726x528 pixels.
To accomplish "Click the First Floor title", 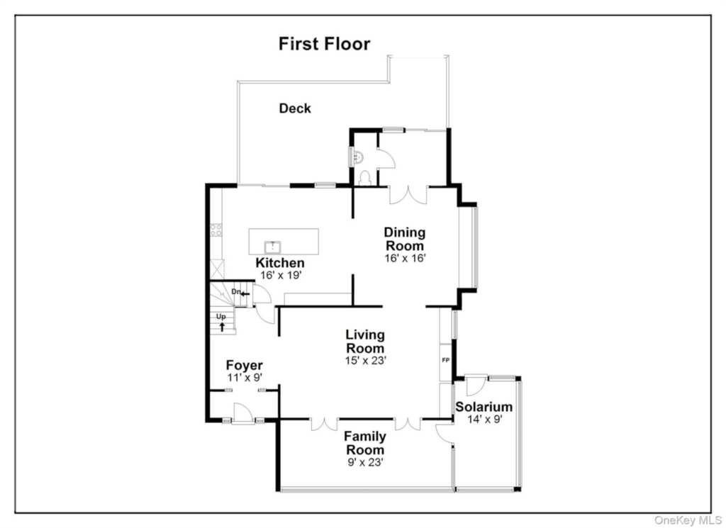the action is coord(324,43).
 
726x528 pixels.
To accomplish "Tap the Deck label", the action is coord(295,108).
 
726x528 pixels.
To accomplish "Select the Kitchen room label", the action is coord(280,263).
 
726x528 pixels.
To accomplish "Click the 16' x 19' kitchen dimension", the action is coord(281,275).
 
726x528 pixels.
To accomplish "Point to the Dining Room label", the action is coord(405,239).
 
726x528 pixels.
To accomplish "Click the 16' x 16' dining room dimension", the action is coord(405,258).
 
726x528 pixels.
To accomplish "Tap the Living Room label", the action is coord(365,341).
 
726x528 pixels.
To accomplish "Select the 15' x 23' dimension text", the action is coord(365,361).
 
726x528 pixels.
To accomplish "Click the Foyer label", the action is coord(245,366).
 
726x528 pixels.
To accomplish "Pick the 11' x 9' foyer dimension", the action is coord(245,378).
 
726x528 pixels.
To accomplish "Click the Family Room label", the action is coord(365,443).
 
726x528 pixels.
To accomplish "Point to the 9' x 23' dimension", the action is coord(365,462).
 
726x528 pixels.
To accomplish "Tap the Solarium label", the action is coord(484,407).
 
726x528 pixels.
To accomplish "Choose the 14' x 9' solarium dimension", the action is coord(485,420).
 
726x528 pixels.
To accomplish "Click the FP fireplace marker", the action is coord(445,360).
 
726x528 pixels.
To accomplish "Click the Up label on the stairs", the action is coord(221,317).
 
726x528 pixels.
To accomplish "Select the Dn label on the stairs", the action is coord(236,291).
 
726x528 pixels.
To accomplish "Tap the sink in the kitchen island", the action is coord(272,247).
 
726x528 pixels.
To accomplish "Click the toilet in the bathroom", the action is coord(365,178).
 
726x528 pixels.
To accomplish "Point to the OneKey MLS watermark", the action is coord(688,521).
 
